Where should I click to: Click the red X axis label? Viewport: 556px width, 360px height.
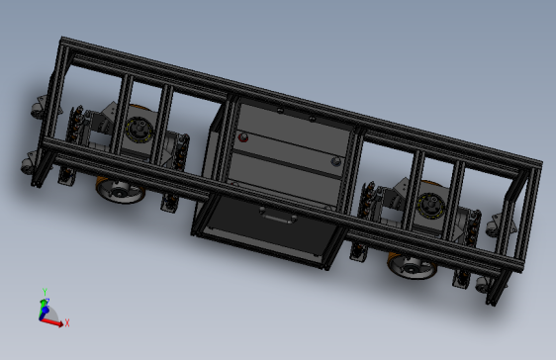[68, 322]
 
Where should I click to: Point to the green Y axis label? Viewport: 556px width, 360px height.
[45, 291]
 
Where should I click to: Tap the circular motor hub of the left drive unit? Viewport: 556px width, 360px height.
[139, 131]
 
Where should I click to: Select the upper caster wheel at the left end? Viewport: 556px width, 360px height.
[39, 103]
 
